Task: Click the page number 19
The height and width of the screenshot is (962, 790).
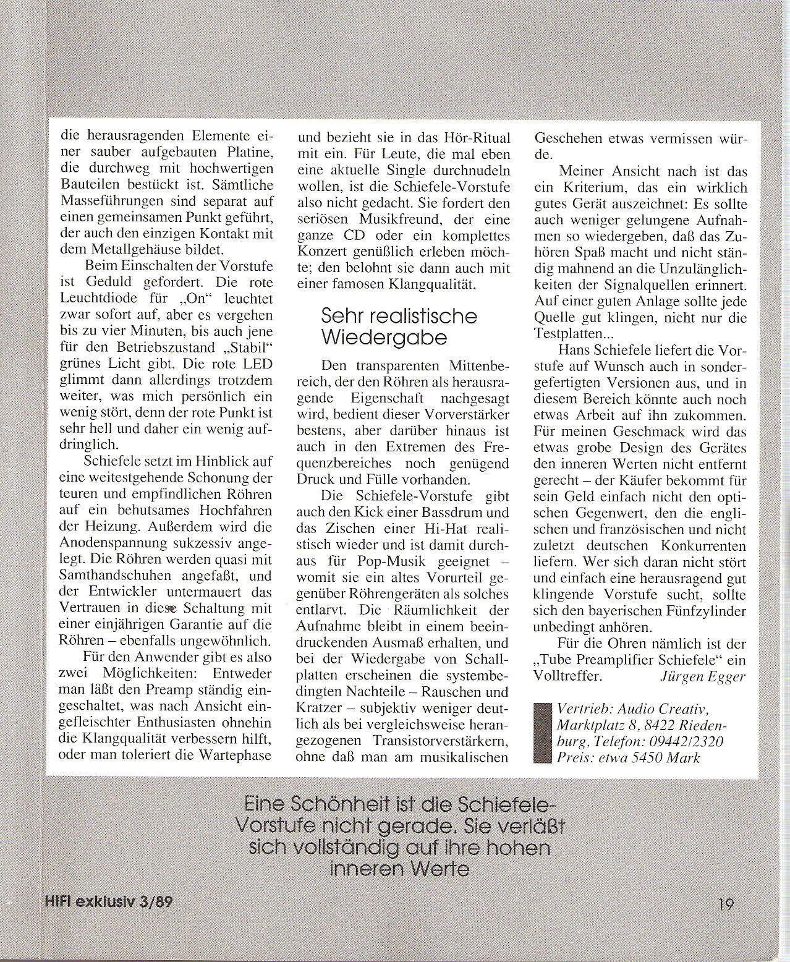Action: [726, 905]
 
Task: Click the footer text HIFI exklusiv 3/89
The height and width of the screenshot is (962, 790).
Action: [109, 901]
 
